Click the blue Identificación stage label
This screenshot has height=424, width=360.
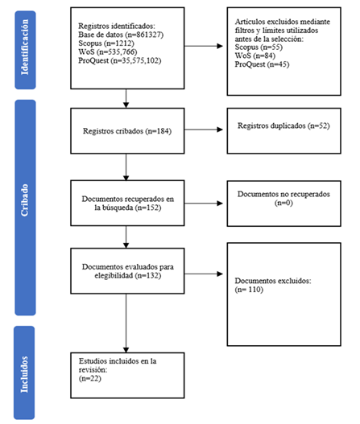click(25, 50)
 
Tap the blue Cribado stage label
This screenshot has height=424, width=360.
click(25, 208)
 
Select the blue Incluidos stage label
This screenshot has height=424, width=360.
click(24, 373)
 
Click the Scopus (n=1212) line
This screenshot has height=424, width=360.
click(106, 43)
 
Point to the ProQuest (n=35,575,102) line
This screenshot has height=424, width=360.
click(120, 60)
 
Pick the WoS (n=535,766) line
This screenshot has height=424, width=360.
click(108, 51)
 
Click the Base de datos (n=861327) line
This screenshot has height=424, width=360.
click(121, 35)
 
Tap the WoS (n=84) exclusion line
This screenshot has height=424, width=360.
click(255, 56)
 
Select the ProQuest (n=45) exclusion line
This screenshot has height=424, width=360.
click(262, 64)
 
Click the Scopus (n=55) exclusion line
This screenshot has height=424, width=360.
click(259, 47)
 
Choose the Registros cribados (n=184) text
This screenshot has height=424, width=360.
click(127, 131)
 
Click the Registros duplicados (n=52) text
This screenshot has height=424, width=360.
click(283, 126)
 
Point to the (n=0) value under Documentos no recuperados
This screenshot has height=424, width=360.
click(283, 203)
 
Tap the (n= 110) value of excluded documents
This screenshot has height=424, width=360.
click(249, 290)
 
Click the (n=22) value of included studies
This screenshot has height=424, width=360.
click(90, 378)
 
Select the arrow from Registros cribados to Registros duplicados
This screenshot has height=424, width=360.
click(204, 130)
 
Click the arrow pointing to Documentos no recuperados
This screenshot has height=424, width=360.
click(204, 204)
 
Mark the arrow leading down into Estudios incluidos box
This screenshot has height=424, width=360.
click(126, 323)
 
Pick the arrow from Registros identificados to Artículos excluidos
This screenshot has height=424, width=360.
click(204, 46)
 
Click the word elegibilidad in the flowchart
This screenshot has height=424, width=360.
click(114, 275)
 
